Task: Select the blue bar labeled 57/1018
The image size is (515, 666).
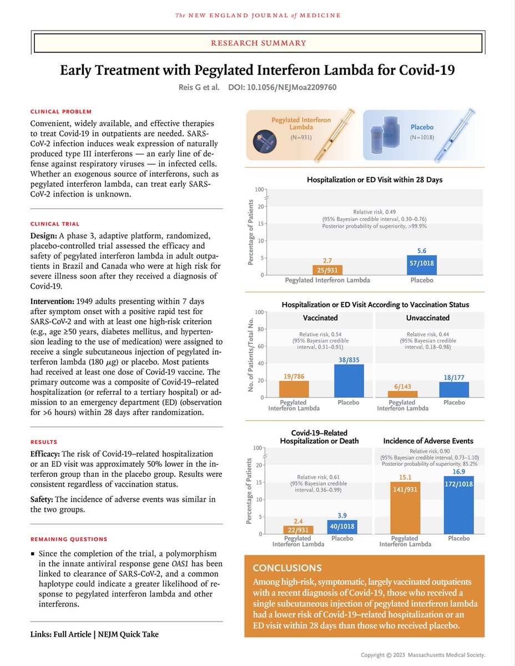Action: coord(422,265)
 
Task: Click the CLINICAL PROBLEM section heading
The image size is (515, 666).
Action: coord(61,112)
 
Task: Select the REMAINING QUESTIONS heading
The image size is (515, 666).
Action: coord(69,539)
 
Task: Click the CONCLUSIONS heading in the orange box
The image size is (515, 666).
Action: coord(287,568)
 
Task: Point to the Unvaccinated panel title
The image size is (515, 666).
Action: coord(428,317)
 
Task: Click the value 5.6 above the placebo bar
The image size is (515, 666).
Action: coord(422,250)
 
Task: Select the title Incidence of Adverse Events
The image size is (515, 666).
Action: coord(428,441)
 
